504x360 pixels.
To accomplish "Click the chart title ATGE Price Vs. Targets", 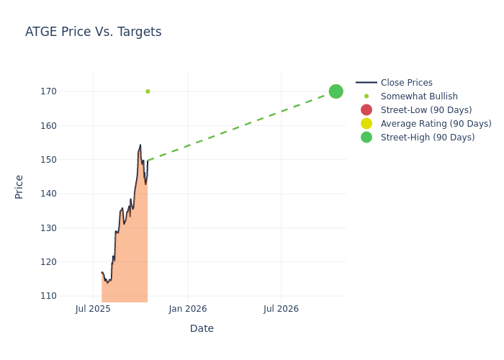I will pos(93,32).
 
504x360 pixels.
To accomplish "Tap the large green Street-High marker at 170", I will pos(336,91).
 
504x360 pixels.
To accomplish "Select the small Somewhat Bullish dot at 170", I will pos(148,91).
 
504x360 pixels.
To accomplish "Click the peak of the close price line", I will pos(140,145).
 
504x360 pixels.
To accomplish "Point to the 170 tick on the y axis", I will pos(68,91).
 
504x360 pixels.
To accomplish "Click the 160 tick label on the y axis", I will pos(68,126).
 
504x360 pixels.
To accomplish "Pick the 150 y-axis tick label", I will pos(68,160).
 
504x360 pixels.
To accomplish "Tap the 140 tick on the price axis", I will pos(68,194).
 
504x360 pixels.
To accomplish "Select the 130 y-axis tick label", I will pos(68,228).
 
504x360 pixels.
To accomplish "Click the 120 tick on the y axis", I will pos(68,262).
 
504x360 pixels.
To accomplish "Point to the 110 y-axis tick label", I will pos(68,296).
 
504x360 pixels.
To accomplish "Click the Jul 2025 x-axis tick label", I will pos(93,309).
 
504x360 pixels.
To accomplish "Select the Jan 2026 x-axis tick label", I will pos(188,309).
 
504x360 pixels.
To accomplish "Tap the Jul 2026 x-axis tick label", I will pos(281,309).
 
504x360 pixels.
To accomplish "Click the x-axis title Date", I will pos(202,329).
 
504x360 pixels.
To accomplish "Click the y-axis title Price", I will pos(19,186).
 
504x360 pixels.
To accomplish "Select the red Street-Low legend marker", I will pos(366,110).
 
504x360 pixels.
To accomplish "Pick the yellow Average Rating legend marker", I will pos(366,124).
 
